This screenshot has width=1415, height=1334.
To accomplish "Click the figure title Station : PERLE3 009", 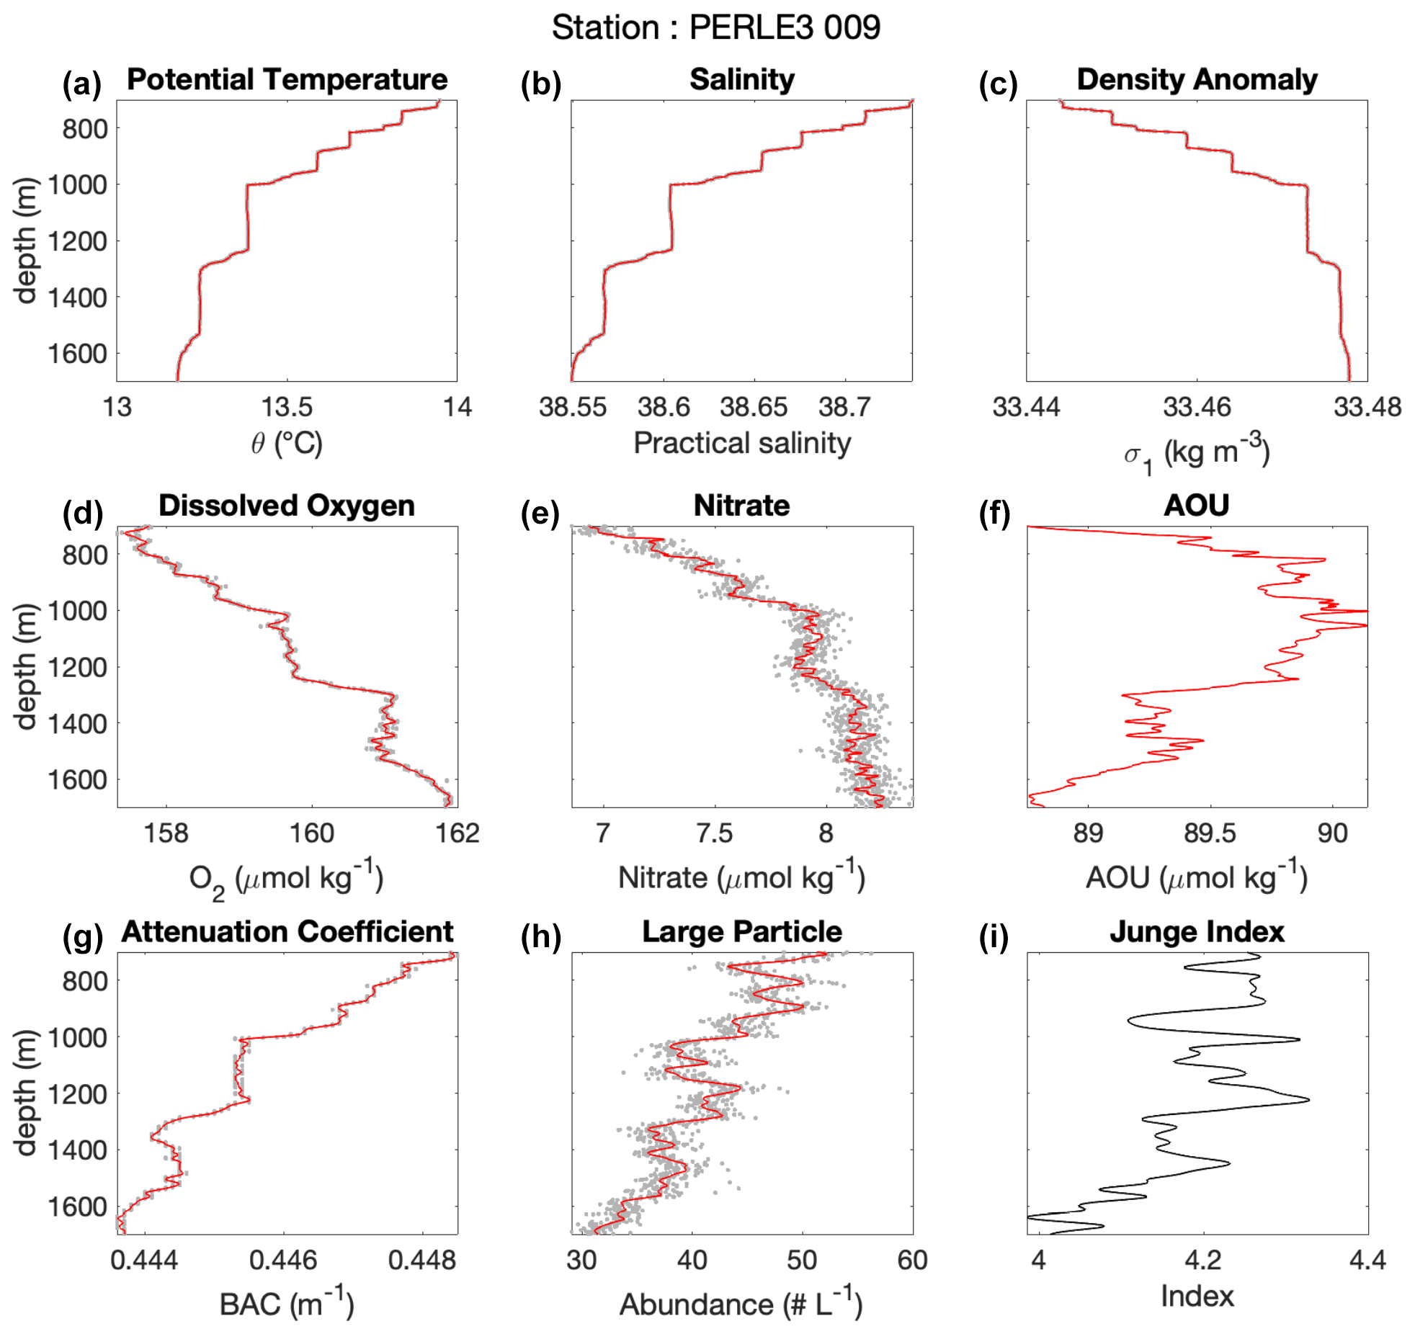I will coord(715,27).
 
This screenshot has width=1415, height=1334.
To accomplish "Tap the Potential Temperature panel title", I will coord(287,79).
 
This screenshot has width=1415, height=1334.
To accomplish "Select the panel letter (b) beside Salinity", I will coord(540,84).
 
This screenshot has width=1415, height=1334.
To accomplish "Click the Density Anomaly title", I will coord(1197,79).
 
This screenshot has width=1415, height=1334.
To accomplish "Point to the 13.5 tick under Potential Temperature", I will coord(287,407).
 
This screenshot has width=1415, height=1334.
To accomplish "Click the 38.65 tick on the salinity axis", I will coord(754,407).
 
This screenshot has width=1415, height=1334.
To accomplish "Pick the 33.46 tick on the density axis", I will coord(1197,407).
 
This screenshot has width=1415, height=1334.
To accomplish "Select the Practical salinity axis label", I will coord(742,443).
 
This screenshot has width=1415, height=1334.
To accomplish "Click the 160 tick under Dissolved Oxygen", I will coord(311,833).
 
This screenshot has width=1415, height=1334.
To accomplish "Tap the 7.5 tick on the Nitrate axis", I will coord(714,833).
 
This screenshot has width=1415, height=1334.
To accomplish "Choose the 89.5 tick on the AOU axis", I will coord(1210,833).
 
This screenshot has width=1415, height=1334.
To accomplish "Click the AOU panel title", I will coord(1197,505).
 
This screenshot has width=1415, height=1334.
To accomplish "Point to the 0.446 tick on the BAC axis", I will coord(282,1260).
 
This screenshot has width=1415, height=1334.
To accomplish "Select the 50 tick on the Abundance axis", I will coord(802,1260).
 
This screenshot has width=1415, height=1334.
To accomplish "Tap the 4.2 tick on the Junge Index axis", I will coord(1202,1260).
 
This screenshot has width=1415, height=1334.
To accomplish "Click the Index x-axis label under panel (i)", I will coord(1197,1296).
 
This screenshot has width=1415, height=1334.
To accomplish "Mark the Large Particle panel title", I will coord(742,931).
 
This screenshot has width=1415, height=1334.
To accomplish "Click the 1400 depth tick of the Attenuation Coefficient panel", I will coord(77,1150).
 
